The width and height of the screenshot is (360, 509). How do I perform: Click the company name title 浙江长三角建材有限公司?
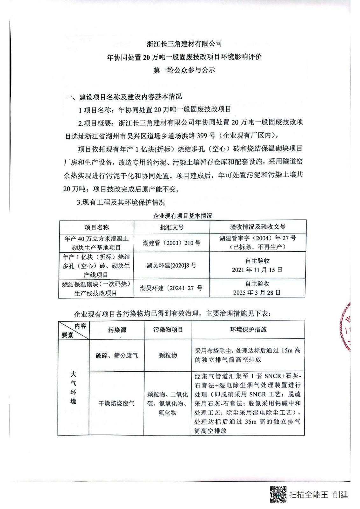[x=184, y=43]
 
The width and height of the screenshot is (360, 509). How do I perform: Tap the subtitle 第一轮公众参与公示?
[x=184, y=70]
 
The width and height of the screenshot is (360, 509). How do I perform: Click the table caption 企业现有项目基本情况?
[x=182, y=216]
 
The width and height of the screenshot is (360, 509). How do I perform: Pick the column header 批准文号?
[x=172, y=227]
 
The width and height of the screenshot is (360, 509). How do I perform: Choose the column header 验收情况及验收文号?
[x=258, y=227]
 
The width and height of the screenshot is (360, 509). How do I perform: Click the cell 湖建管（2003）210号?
[x=172, y=243]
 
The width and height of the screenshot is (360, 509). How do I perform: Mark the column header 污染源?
[x=117, y=330]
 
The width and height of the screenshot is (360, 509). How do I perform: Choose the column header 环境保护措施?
[x=248, y=330]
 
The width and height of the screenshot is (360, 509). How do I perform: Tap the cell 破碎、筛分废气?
[x=117, y=355]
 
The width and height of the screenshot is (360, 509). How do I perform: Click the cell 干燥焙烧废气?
[x=116, y=403]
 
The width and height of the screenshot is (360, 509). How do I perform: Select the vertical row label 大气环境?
[x=74, y=387]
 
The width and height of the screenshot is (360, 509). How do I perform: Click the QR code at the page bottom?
[x=278, y=494]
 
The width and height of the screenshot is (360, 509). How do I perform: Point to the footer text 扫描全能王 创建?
[x=319, y=495]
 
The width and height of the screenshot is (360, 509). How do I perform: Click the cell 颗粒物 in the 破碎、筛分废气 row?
[x=168, y=355]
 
